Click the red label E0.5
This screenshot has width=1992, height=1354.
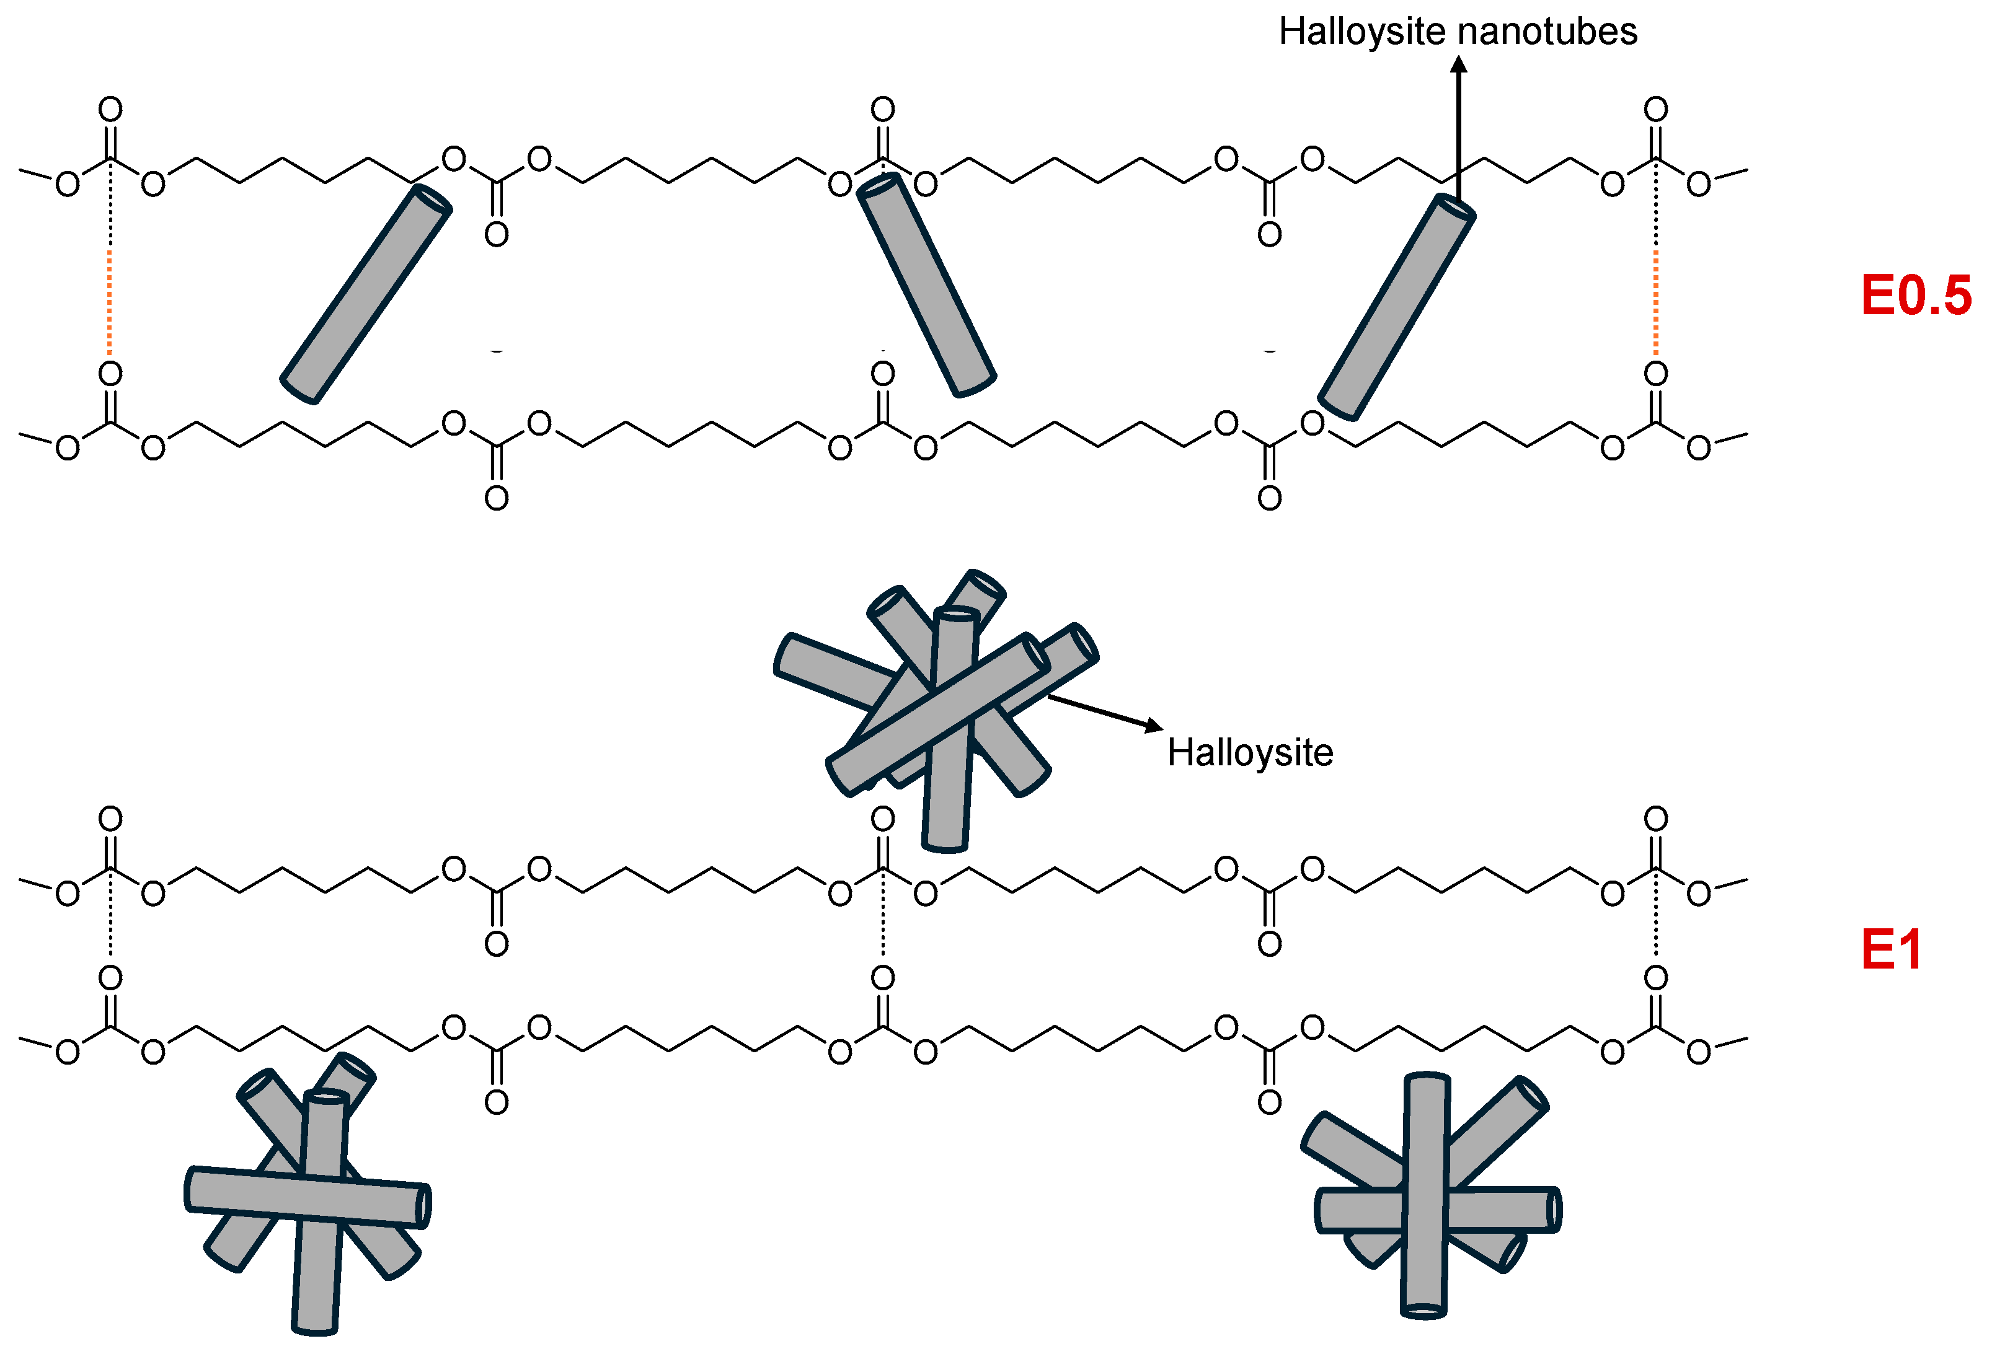1915,296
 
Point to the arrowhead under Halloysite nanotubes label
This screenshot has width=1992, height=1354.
1458,64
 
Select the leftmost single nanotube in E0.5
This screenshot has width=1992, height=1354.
366,294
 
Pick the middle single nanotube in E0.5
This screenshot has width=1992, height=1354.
927,286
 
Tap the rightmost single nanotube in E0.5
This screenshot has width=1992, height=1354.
1396,307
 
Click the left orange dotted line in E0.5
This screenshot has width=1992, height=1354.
110,300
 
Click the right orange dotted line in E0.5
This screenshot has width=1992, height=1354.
1655,300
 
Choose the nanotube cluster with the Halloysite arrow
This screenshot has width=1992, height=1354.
939,707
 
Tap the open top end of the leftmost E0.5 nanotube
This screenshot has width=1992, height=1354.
432,200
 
